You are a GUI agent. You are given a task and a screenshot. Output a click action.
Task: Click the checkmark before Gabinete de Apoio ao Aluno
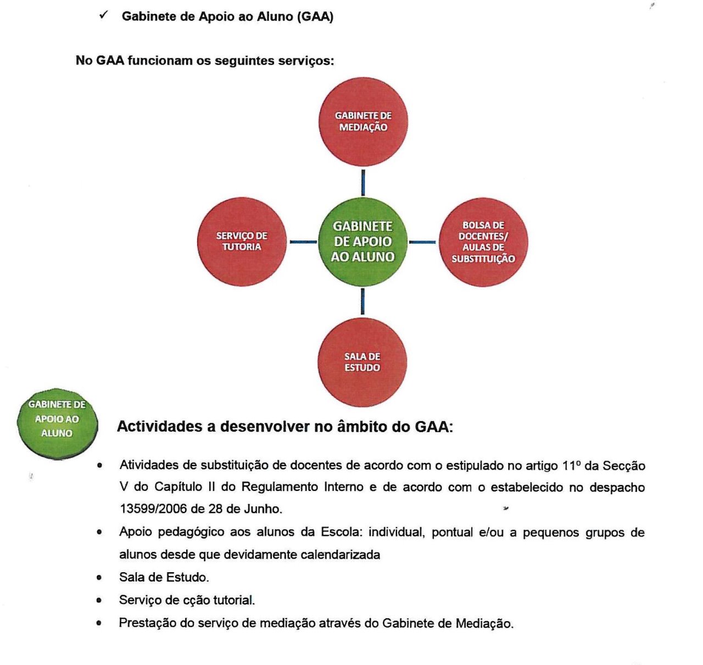103,15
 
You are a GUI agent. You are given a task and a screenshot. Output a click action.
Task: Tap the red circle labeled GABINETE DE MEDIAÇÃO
363,121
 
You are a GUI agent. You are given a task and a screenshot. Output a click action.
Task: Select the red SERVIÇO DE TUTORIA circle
242,242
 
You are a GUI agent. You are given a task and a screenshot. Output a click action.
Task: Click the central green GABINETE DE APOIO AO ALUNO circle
362,242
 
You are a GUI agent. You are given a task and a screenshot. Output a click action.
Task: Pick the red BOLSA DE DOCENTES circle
483,242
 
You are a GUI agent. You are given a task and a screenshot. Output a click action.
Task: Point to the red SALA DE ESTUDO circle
362,362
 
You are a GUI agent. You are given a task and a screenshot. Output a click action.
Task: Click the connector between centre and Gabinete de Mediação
363,182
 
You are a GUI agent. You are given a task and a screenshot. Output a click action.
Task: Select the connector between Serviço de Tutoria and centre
303,242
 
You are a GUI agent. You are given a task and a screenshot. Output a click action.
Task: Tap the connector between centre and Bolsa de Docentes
422,242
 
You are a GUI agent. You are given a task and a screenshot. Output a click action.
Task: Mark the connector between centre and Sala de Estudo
362,301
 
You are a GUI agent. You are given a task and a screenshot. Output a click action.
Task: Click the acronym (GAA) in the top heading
315,16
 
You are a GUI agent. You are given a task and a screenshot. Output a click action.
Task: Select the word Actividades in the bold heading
160,427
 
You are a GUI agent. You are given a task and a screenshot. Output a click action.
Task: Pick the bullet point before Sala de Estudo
99,578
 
